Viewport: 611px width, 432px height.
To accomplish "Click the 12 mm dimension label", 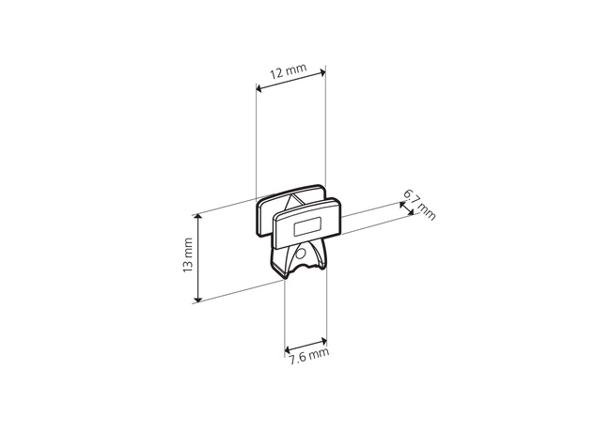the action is [289, 70].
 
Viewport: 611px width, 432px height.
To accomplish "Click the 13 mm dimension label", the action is [188, 255].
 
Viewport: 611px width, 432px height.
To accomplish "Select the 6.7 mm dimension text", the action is [419, 205].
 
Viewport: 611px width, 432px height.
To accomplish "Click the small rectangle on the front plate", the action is [307, 226].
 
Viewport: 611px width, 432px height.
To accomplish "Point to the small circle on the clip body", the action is [300, 255].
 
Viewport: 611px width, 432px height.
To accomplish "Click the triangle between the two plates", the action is [291, 203].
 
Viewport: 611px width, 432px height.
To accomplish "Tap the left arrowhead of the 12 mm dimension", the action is [258, 88].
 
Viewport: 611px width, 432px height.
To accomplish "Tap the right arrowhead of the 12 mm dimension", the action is [322, 72].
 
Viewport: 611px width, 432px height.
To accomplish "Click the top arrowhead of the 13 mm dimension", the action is [198, 217].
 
